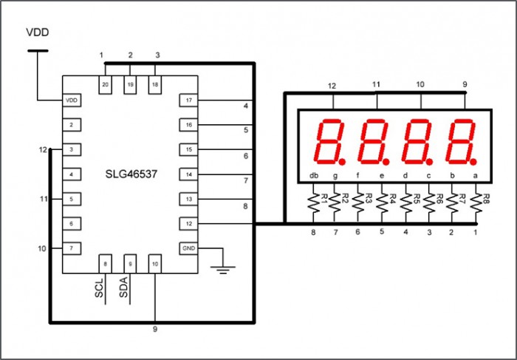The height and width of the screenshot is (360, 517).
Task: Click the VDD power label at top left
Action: [39, 33]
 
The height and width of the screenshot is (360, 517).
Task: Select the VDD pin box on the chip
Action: [72, 100]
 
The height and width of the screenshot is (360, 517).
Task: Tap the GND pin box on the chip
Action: [189, 248]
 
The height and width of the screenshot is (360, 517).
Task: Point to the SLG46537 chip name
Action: [130, 175]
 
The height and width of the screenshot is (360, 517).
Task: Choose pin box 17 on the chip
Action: [189, 100]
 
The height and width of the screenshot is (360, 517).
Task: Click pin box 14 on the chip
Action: [189, 174]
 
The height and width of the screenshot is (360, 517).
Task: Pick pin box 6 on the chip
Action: [72, 223]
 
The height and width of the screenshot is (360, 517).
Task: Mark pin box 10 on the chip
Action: [155, 263]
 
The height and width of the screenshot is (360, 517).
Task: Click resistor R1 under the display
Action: [313, 205]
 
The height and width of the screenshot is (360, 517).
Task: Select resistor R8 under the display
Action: [475, 205]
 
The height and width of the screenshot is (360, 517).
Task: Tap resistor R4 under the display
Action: [382, 205]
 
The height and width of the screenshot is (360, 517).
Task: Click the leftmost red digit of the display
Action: [327, 140]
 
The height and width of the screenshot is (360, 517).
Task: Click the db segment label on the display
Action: [314, 175]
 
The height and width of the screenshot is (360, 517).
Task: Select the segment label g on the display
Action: [337, 175]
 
